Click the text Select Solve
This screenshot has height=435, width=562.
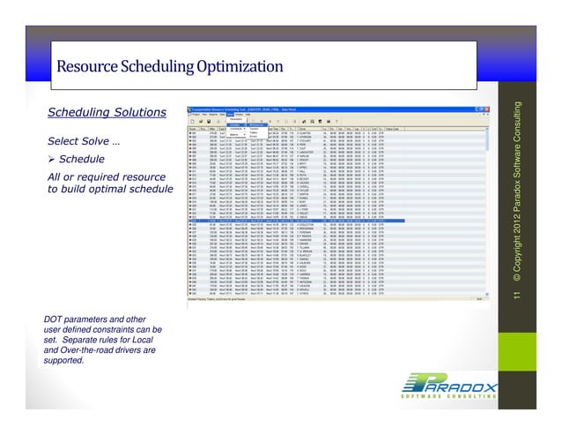pos(80,143)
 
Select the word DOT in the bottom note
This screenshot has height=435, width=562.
pos(55,319)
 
